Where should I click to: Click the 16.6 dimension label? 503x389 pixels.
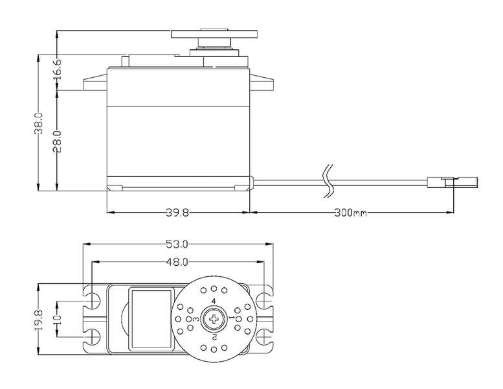58,71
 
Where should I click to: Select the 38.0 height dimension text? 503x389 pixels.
38,123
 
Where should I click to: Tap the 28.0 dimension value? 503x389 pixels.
58,141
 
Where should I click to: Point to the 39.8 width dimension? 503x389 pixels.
177,213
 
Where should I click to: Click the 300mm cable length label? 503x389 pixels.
351,213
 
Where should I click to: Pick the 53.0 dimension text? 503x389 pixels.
177,244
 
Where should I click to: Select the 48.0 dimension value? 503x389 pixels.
177,262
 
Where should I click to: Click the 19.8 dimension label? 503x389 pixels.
38,320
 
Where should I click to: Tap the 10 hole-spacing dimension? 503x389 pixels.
58,320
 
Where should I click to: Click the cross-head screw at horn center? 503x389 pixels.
214,319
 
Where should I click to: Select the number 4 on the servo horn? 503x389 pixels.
214,301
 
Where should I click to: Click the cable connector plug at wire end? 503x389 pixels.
453,182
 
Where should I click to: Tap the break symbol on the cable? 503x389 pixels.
328,181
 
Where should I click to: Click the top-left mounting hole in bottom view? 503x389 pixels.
93,301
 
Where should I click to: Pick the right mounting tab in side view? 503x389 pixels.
262,82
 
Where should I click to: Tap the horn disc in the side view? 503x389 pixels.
214,34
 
